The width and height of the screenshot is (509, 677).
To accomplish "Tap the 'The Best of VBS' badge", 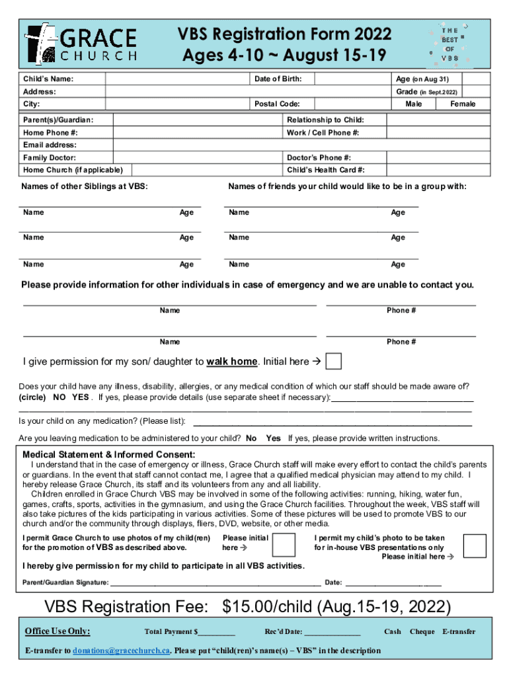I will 450,44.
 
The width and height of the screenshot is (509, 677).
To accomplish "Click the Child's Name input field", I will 178,79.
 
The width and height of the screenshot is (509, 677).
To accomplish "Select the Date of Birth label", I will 278,79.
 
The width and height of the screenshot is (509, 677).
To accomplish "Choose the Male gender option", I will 414,104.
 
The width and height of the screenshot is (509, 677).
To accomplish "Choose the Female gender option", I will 463,104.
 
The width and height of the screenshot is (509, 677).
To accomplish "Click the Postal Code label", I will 277,104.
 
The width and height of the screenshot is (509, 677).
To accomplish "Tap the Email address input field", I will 301,145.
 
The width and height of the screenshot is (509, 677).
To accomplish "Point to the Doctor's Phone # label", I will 319,158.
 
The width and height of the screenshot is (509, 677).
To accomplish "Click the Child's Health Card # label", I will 325,170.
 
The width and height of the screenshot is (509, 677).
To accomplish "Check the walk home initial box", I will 334,361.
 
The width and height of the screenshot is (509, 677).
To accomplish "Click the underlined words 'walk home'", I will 231,362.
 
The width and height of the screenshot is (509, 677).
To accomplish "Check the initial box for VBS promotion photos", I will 284,544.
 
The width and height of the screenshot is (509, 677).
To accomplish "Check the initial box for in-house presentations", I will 475,545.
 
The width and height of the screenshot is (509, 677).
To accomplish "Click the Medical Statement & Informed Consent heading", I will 109,455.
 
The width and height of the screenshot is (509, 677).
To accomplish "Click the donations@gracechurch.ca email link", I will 122,651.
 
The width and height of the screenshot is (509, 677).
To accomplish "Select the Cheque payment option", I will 422,631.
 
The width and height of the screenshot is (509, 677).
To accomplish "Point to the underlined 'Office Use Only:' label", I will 58,631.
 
